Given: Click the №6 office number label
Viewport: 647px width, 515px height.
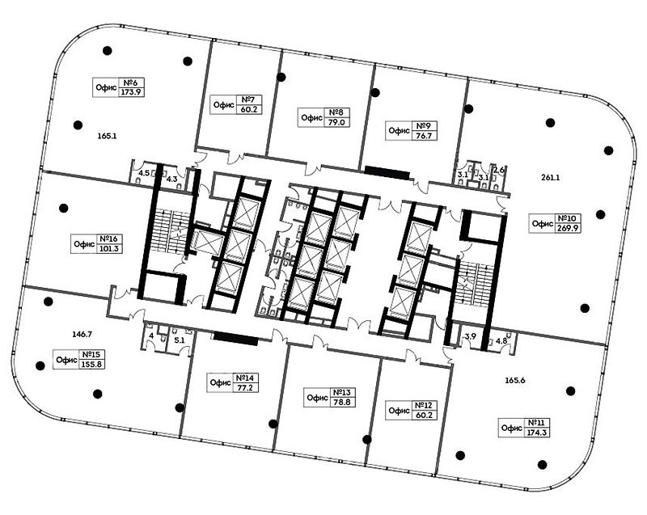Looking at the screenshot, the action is pyautogui.click(x=131, y=82).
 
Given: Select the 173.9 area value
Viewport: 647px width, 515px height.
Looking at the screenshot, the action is pyautogui.click(x=131, y=92).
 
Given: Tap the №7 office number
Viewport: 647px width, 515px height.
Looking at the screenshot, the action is pyautogui.click(x=249, y=99).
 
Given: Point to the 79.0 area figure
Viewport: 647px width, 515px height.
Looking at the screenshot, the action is pyautogui.click(x=336, y=122).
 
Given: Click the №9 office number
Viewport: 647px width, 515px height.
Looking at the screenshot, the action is pyautogui.click(x=424, y=126).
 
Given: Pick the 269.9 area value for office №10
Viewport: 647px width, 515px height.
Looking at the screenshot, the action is pyautogui.click(x=569, y=228).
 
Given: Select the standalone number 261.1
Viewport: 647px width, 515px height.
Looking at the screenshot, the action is pyautogui.click(x=551, y=178).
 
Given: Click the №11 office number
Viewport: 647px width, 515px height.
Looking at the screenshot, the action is pyautogui.click(x=536, y=423).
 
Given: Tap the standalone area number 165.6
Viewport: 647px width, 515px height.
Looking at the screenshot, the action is pyautogui.click(x=515, y=380).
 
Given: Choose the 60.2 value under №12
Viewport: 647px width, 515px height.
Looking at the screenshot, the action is pyautogui.click(x=424, y=416).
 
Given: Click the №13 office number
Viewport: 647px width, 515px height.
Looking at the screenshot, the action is pyautogui.click(x=341, y=392).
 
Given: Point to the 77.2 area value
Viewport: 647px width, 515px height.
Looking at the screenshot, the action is pyautogui.click(x=245, y=388).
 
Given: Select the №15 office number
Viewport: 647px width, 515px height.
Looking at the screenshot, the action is pyautogui.click(x=91, y=355).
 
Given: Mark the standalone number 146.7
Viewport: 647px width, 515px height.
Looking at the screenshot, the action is pyautogui.click(x=82, y=335).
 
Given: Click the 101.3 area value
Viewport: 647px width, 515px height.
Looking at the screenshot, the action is pyautogui.click(x=109, y=249).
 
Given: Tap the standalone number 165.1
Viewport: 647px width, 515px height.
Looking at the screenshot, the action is pyautogui.click(x=107, y=136).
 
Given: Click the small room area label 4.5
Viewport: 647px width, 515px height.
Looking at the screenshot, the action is pyautogui.click(x=144, y=173).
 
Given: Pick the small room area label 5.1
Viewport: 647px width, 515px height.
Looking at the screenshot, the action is pyautogui.click(x=180, y=340).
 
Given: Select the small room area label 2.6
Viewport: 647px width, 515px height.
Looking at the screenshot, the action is pyautogui.click(x=498, y=170).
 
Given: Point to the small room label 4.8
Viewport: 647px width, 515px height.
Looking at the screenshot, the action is pyautogui.click(x=501, y=341).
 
